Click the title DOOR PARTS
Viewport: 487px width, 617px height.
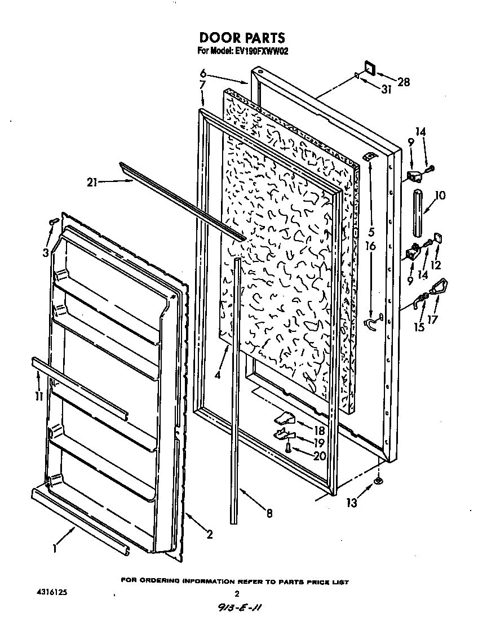point(242,38)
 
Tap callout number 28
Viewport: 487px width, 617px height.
point(403,82)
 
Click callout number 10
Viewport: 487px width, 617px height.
point(440,196)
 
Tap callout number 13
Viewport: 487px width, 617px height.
point(352,503)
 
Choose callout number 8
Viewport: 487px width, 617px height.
point(269,513)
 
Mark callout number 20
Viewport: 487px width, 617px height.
point(320,456)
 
